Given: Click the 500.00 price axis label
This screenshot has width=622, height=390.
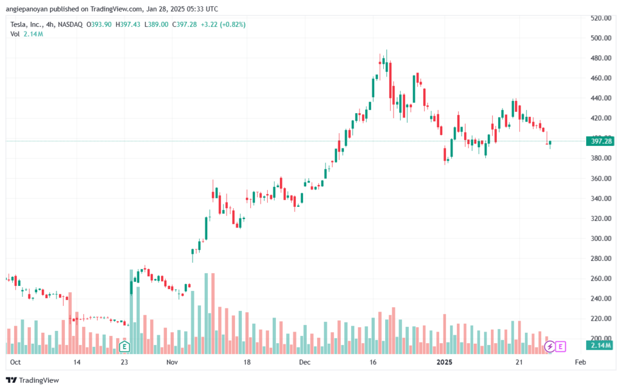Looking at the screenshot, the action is (601, 38).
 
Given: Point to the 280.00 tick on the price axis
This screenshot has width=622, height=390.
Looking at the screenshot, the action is (601, 259).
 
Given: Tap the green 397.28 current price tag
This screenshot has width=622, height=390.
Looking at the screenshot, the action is (600, 141).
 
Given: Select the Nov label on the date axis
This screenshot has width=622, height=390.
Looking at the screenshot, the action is (172, 362).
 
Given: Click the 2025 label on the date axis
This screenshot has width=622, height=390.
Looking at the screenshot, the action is (444, 362).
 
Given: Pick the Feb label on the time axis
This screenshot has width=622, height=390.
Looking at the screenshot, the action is (580, 362).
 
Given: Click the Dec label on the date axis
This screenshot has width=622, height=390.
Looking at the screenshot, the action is (305, 362).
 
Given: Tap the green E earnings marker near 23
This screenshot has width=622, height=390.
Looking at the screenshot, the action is (125, 347).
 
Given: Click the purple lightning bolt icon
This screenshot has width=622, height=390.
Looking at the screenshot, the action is (550, 347).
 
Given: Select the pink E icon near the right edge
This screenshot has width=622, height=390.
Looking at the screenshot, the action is (561, 347).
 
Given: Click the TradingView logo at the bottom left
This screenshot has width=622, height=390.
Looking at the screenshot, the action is (33, 380).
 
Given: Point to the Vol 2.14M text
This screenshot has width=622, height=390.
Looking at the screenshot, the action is (27, 34).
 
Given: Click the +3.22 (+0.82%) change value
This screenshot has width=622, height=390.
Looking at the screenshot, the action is (223, 24).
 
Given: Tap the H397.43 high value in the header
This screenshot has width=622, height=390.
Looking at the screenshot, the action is (128, 24).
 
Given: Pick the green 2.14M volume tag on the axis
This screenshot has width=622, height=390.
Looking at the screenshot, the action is (600, 346).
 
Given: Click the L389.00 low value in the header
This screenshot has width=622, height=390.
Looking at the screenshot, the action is (156, 24).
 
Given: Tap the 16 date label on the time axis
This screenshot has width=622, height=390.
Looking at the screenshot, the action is (373, 362).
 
